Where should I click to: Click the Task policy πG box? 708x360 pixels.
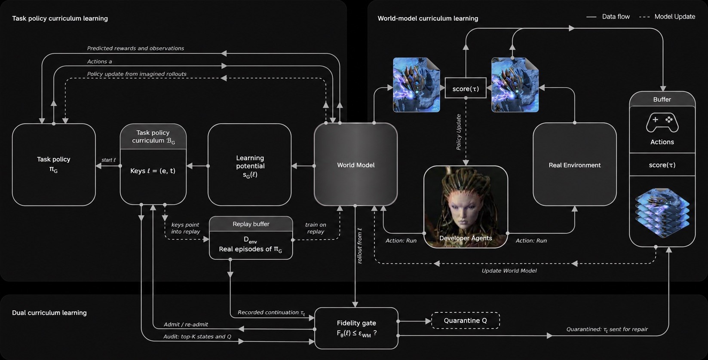[54, 165]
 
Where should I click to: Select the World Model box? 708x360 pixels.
[356, 165]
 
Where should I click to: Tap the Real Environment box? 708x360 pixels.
[575, 165]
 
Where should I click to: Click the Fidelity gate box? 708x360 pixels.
[356, 328]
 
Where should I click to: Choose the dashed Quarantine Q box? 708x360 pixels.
[466, 320]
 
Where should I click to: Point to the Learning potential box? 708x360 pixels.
[250, 165]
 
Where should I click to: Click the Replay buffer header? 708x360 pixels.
[251, 224]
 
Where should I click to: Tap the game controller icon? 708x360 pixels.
[662, 123]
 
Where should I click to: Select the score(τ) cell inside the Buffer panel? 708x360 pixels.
[662, 165]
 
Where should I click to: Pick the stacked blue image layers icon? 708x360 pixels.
[662, 212]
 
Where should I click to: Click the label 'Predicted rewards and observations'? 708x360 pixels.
[135, 48]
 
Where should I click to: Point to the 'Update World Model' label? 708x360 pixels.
[509, 271]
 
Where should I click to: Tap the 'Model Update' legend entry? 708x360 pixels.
[667, 17]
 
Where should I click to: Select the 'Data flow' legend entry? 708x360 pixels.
[608, 17]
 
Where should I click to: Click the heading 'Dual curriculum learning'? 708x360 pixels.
[49, 313]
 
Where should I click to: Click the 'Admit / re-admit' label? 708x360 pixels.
[186, 324]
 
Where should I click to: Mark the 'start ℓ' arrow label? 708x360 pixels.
[108, 160]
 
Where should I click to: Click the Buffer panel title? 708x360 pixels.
[662, 99]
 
